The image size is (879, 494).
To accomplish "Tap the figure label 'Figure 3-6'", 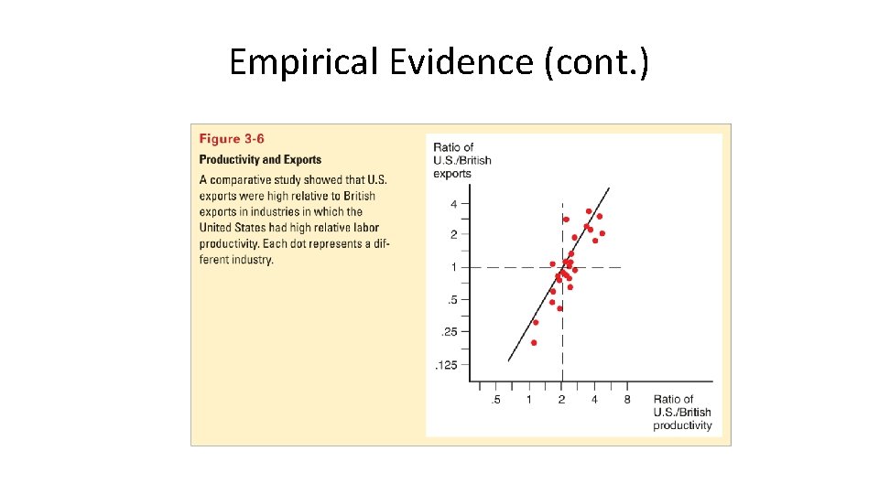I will point(232,139).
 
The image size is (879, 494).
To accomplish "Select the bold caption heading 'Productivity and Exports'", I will point(260,160).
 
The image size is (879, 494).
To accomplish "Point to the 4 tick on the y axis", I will point(453,203).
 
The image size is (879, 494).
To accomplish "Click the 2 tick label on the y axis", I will point(453,235).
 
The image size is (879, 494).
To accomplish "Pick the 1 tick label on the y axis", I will point(453,267).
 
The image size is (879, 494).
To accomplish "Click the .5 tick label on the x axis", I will point(495,400).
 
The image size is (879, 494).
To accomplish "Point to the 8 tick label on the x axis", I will point(627,400).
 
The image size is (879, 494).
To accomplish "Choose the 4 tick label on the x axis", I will point(594,400).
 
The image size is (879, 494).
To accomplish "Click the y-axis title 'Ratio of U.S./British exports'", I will point(461,160).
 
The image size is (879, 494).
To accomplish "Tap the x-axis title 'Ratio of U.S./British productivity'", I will point(682,413).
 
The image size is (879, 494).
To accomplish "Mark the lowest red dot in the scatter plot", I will point(534,342).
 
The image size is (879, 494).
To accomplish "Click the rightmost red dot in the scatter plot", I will point(602,233).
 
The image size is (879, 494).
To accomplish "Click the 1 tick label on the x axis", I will point(528,400).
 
